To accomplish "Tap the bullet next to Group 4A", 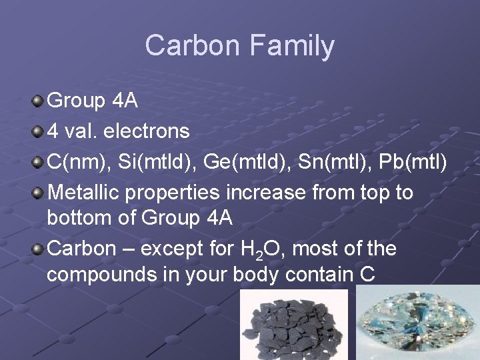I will point(39,101).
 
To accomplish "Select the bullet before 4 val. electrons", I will point(39,131).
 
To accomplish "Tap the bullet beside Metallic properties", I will point(39,193).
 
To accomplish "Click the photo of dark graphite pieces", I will point(293,327).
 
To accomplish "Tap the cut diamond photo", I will point(418,323).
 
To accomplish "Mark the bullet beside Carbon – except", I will point(39,249).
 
